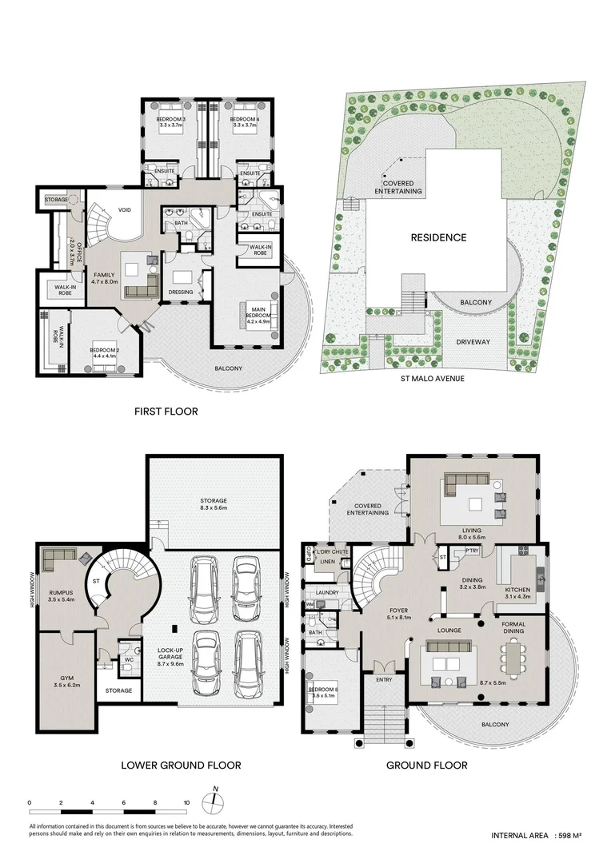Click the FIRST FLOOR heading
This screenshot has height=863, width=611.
pos(166,412)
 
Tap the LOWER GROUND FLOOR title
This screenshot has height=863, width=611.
pos(181,765)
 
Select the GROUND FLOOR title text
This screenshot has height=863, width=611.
pos(427,765)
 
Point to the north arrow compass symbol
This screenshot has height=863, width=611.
pos(214,801)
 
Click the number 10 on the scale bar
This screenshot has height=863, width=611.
pos(186,801)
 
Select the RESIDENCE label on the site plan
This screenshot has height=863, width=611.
pos(438,237)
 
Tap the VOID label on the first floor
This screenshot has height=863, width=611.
pos(124,211)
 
